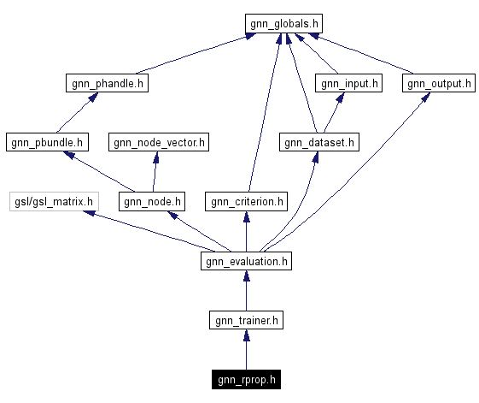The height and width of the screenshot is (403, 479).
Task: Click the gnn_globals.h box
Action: pyautogui.click(x=284, y=23)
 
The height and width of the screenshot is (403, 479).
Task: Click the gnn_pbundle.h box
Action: pyautogui.click(x=47, y=142)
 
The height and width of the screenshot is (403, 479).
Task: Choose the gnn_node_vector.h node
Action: pyautogui.click(x=159, y=142)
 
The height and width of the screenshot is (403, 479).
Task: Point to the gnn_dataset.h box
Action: pyautogui.click(x=318, y=142)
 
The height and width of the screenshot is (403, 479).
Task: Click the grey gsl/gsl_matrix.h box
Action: pyautogui.click(x=53, y=202)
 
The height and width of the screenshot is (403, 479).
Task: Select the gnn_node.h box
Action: pyautogui.click(x=153, y=202)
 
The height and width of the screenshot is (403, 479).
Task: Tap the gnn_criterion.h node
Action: pyautogui.click(x=245, y=202)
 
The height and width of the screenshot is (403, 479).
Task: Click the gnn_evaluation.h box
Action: pyautogui.click(x=246, y=261)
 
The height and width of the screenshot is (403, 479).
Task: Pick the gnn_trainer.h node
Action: pyautogui.click(x=246, y=321)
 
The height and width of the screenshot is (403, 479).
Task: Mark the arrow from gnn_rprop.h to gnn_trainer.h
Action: pyautogui.click(x=246, y=351)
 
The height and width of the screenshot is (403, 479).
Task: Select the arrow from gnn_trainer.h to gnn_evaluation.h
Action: pyautogui.click(x=246, y=292)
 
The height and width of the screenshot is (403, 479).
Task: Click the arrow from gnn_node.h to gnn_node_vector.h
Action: pyautogui.click(x=155, y=172)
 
